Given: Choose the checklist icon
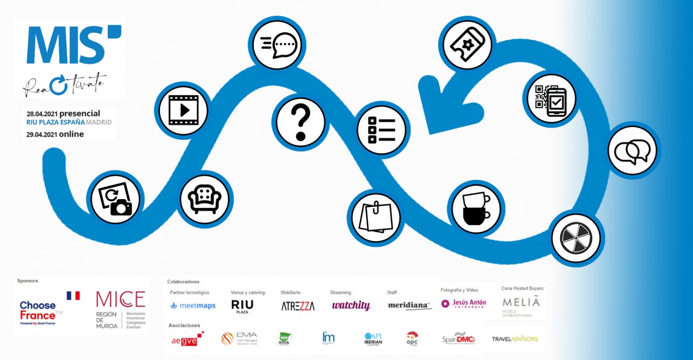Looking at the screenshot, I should (x=381, y=130).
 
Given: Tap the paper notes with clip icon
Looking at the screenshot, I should (x=376, y=217).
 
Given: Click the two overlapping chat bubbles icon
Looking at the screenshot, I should (x=632, y=150).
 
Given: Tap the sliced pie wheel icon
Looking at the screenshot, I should (x=576, y=237).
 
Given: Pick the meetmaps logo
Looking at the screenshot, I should (x=193, y=306).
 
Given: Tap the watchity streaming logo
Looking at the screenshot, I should (x=351, y=305).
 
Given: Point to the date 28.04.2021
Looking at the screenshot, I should (x=42, y=114).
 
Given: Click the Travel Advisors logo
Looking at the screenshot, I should (x=514, y=339).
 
